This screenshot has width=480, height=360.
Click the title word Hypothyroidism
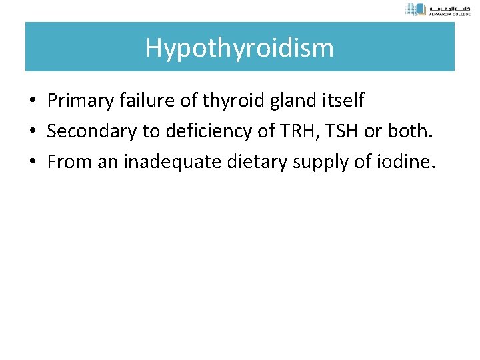point(240,48)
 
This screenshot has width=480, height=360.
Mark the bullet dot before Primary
point(32,101)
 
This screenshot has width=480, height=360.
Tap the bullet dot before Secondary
point(32,132)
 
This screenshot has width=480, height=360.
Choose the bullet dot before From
point(32,163)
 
